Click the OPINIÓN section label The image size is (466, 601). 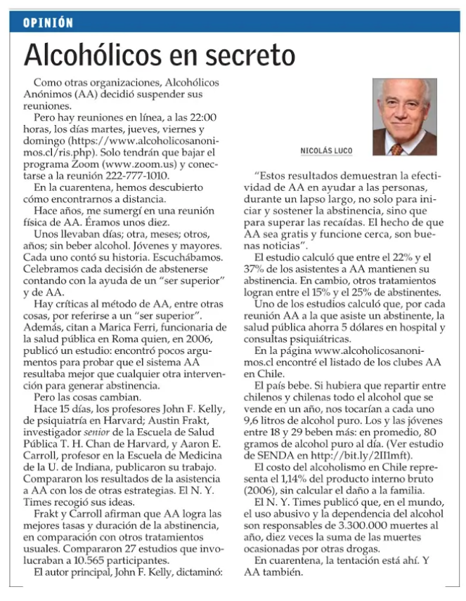[x=48, y=23]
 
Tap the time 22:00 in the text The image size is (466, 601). [x=202, y=118]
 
